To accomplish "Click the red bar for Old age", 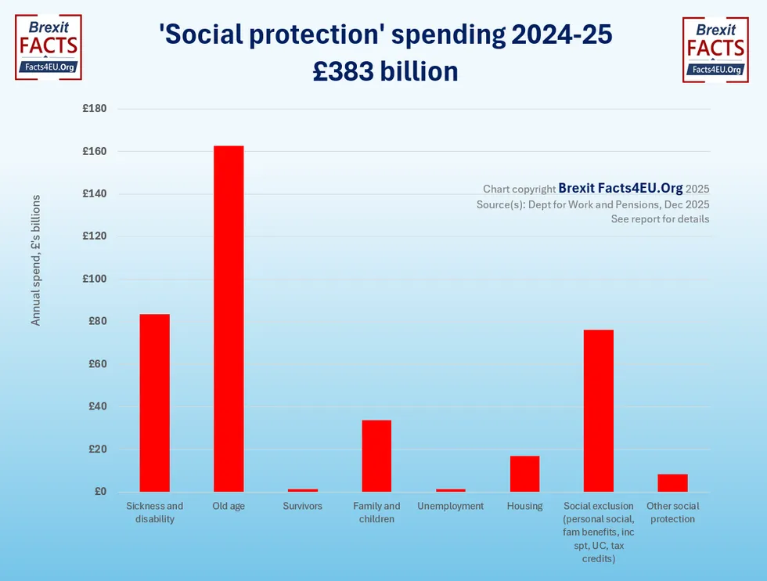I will [x=229, y=319].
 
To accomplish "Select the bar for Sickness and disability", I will [x=154, y=402].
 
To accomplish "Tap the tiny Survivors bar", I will [x=302, y=490].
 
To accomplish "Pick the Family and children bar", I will [x=376, y=456].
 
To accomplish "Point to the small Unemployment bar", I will [x=450, y=490].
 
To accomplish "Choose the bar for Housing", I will [x=524, y=474].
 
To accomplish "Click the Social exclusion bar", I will [x=599, y=410].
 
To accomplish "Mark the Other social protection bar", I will [x=672, y=483].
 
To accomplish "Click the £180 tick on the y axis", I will [x=95, y=109].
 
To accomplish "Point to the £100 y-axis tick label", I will [x=95, y=279].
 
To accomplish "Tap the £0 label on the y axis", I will [x=100, y=492].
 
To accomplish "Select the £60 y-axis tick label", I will [x=97, y=364].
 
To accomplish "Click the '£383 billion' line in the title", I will [x=384, y=71].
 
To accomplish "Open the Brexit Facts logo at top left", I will [x=49, y=48].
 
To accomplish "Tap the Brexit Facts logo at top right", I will [x=715, y=49].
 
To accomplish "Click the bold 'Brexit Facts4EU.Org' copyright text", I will [x=620, y=189].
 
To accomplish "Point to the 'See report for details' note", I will [x=660, y=219].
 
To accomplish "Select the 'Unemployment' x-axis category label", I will [x=450, y=507].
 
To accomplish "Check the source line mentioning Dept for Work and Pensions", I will [x=592, y=204].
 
